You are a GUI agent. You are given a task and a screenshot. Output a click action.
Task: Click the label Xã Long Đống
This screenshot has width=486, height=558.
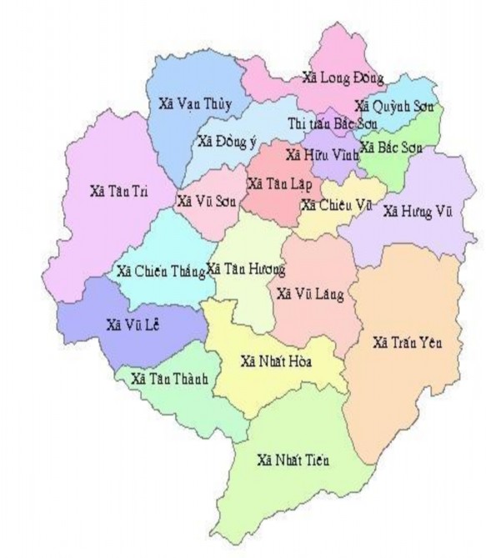[343, 78]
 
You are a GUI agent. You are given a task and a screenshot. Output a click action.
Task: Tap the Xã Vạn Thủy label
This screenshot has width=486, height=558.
[193, 104]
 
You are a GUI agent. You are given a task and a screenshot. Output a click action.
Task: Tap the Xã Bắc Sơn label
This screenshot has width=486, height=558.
[391, 148]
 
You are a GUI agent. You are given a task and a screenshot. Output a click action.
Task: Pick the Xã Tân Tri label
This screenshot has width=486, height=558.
[119, 191]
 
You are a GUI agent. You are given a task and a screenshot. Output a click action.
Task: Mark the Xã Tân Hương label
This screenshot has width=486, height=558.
[246, 269]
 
